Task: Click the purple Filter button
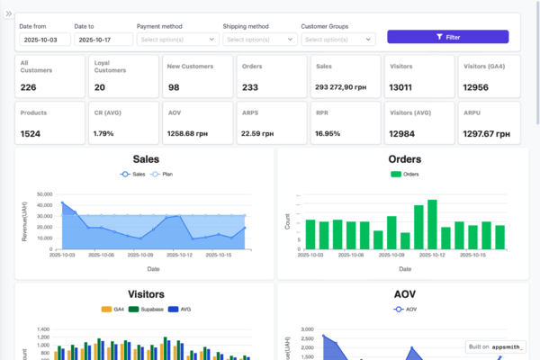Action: click(447, 37)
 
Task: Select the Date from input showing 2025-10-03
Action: click(43, 40)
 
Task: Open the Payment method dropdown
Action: click(177, 40)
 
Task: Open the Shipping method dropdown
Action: click(260, 40)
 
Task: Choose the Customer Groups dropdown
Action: click(337, 40)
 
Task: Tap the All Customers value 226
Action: click(28, 87)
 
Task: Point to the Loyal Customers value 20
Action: click(100, 87)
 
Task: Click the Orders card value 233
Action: click(250, 87)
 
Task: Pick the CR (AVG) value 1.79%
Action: click(103, 133)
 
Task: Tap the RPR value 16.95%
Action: click(328, 133)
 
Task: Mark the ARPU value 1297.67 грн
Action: click(489, 133)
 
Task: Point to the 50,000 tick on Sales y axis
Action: click(45, 193)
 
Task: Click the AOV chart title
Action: click(404, 294)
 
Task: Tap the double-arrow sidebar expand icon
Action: click(8, 14)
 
